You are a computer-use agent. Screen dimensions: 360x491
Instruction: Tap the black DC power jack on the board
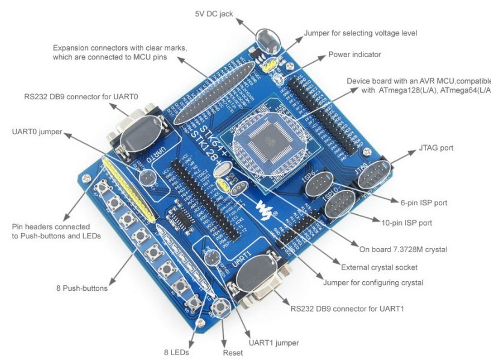(x=267, y=41)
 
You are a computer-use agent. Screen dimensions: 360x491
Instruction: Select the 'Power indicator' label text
(x=354, y=55)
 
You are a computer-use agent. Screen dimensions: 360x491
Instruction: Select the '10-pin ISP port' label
(x=407, y=223)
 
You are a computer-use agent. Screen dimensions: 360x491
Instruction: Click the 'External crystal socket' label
(x=379, y=267)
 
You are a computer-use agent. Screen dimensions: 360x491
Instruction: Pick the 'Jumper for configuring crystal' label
(x=373, y=283)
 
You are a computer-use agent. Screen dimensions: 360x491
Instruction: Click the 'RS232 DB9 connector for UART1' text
(x=347, y=309)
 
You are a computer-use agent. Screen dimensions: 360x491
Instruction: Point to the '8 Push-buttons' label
(x=82, y=288)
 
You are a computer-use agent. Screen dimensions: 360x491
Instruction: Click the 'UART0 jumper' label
(x=36, y=131)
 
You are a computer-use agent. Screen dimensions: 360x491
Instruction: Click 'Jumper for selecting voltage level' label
(x=360, y=33)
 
